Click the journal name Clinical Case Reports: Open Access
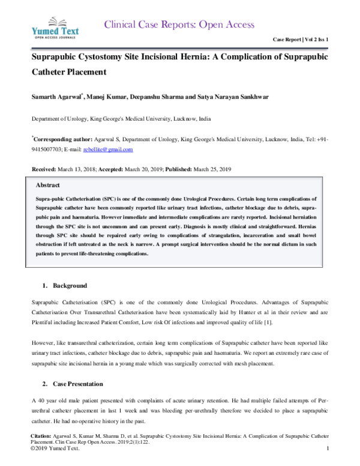click(x=179, y=25)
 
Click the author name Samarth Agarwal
click(x=58, y=97)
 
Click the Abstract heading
click(x=47, y=185)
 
